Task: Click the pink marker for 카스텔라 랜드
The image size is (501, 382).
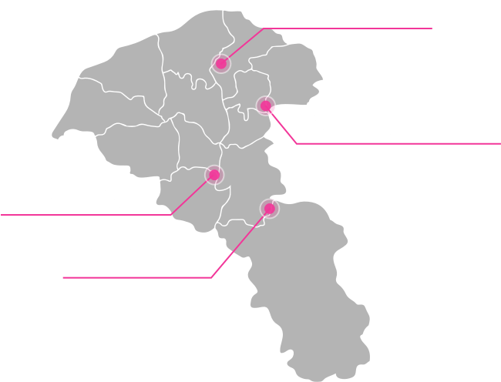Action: [x=221, y=62]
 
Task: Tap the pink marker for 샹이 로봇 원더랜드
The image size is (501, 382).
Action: [x=265, y=105]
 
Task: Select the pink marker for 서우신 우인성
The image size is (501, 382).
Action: [x=214, y=175]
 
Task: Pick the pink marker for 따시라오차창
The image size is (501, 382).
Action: [x=269, y=208]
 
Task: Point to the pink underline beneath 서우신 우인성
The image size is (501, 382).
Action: [x=85, y=216]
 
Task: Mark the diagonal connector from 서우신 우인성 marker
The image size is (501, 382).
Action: [x=190, y=196]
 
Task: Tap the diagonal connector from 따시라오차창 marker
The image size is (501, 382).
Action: [x=239, y=244]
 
